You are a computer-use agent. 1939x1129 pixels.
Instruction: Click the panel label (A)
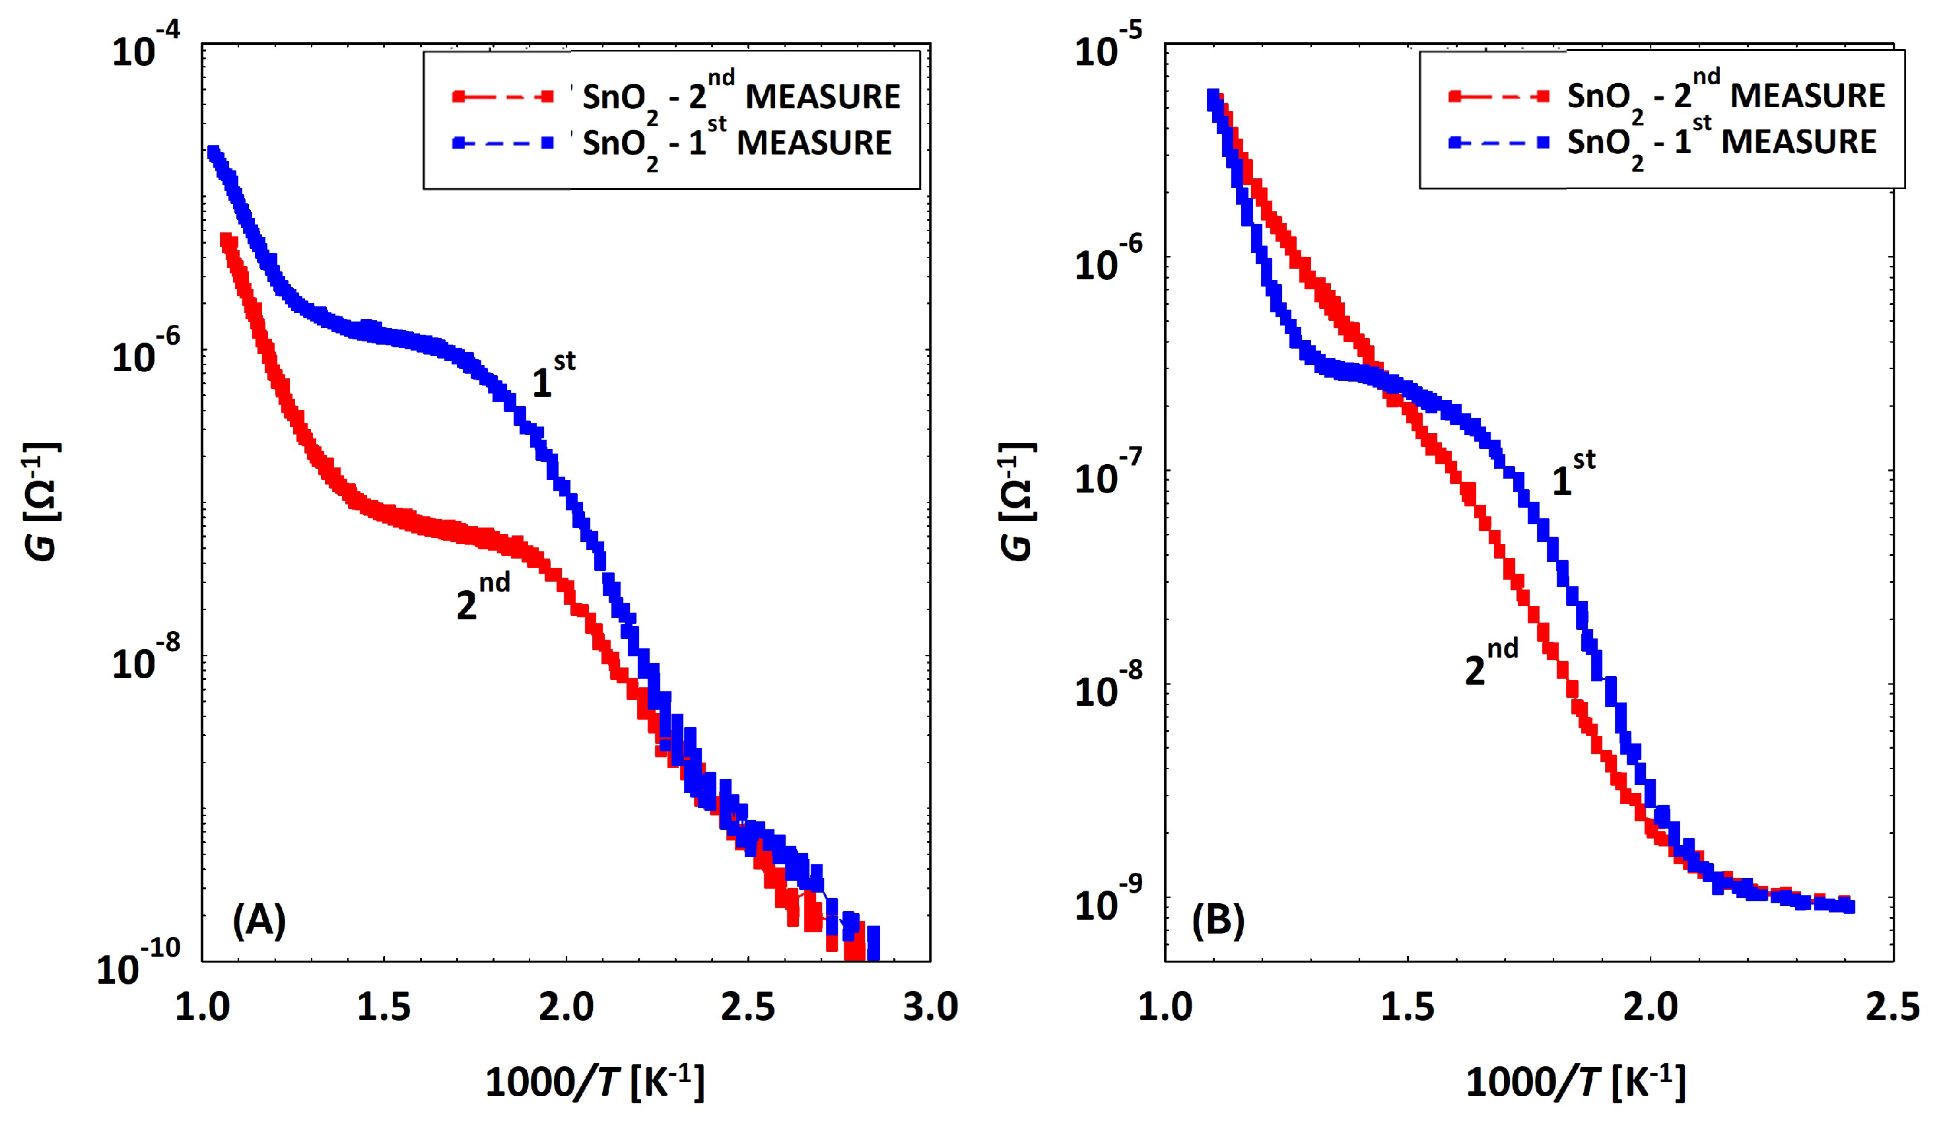(259, 920)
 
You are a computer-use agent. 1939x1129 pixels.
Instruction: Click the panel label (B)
(1218, 920)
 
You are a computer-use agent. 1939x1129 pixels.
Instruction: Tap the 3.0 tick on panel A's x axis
(930, 1008)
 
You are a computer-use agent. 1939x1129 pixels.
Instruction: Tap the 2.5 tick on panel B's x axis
(1892, 1008)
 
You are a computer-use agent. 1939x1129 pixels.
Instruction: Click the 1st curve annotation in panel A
(553, 376)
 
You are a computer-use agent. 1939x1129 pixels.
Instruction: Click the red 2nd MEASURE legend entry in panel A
(675, 96)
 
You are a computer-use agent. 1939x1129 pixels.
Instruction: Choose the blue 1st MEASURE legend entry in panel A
(671, 143)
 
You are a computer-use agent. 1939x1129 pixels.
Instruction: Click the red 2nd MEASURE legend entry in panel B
(1666, 96)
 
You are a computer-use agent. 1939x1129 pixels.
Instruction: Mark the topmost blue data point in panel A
(213, 153)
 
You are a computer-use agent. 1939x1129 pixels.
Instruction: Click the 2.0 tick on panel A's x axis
(566, 1008)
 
